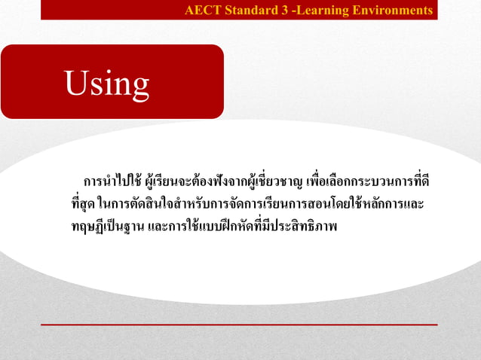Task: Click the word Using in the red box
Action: click(x=107, y=84)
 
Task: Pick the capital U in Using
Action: click(x=76, y=83)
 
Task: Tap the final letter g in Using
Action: click(x=139, y=87)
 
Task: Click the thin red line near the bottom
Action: click(x=239, y=325)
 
